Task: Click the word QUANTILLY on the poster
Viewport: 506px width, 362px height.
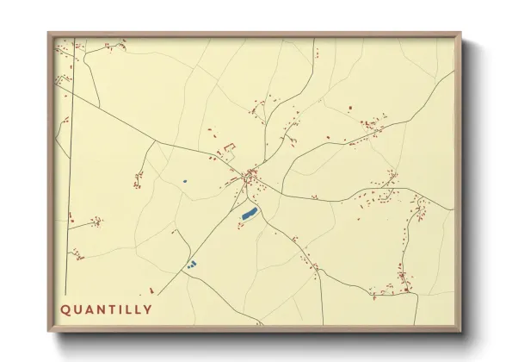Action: (106, 309)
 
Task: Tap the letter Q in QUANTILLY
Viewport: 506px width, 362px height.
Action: (65, 309)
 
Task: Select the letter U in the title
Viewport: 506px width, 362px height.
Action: (78, 309)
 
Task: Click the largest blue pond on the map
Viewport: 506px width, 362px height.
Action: (250, 213)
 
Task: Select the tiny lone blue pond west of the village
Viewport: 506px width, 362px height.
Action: (184, 181)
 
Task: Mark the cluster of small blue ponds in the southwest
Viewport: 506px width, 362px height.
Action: (192, 264)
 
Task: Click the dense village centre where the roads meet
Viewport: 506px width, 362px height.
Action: (250, 178)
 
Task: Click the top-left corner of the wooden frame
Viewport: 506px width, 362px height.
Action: (49, 34)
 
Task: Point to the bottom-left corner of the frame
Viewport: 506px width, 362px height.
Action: (49, 329)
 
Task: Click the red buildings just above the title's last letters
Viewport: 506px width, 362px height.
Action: (152, 292)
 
